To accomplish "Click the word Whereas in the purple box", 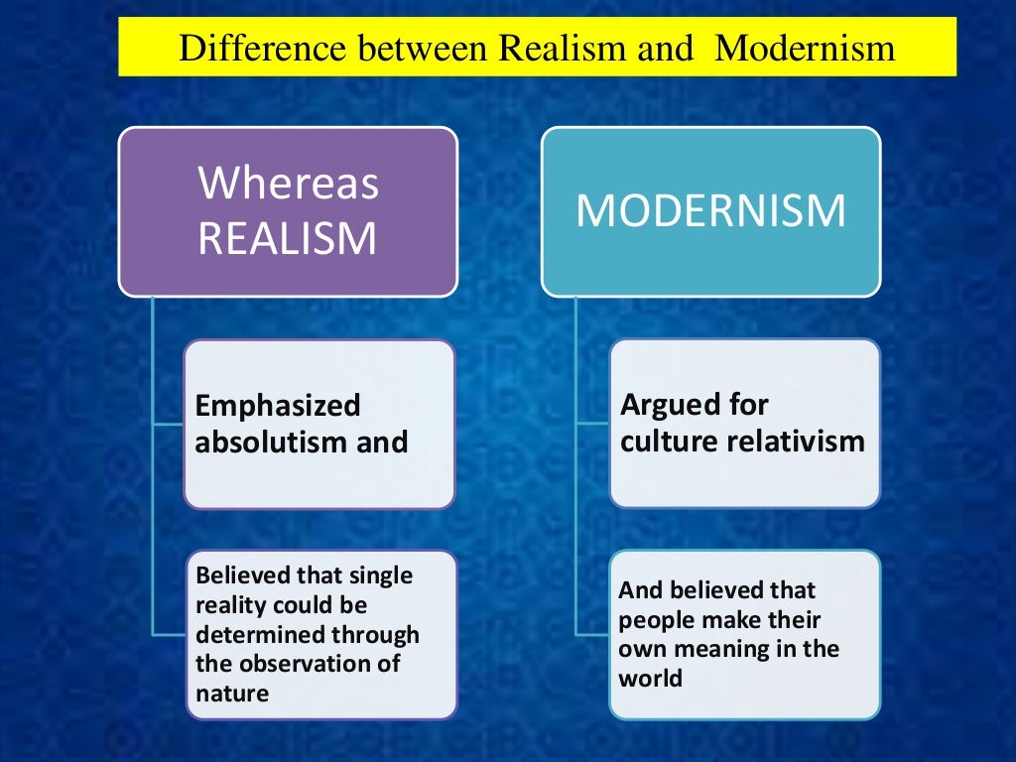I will tap(289, 184).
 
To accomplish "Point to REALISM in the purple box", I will tap(288, 238).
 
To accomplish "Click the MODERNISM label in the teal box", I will tap(710, 211).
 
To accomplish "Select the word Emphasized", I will tap(278, 406).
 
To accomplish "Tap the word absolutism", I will tap(261, 442).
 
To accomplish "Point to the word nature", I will tap(232, 692).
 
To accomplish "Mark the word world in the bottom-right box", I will tap(651, 679).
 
